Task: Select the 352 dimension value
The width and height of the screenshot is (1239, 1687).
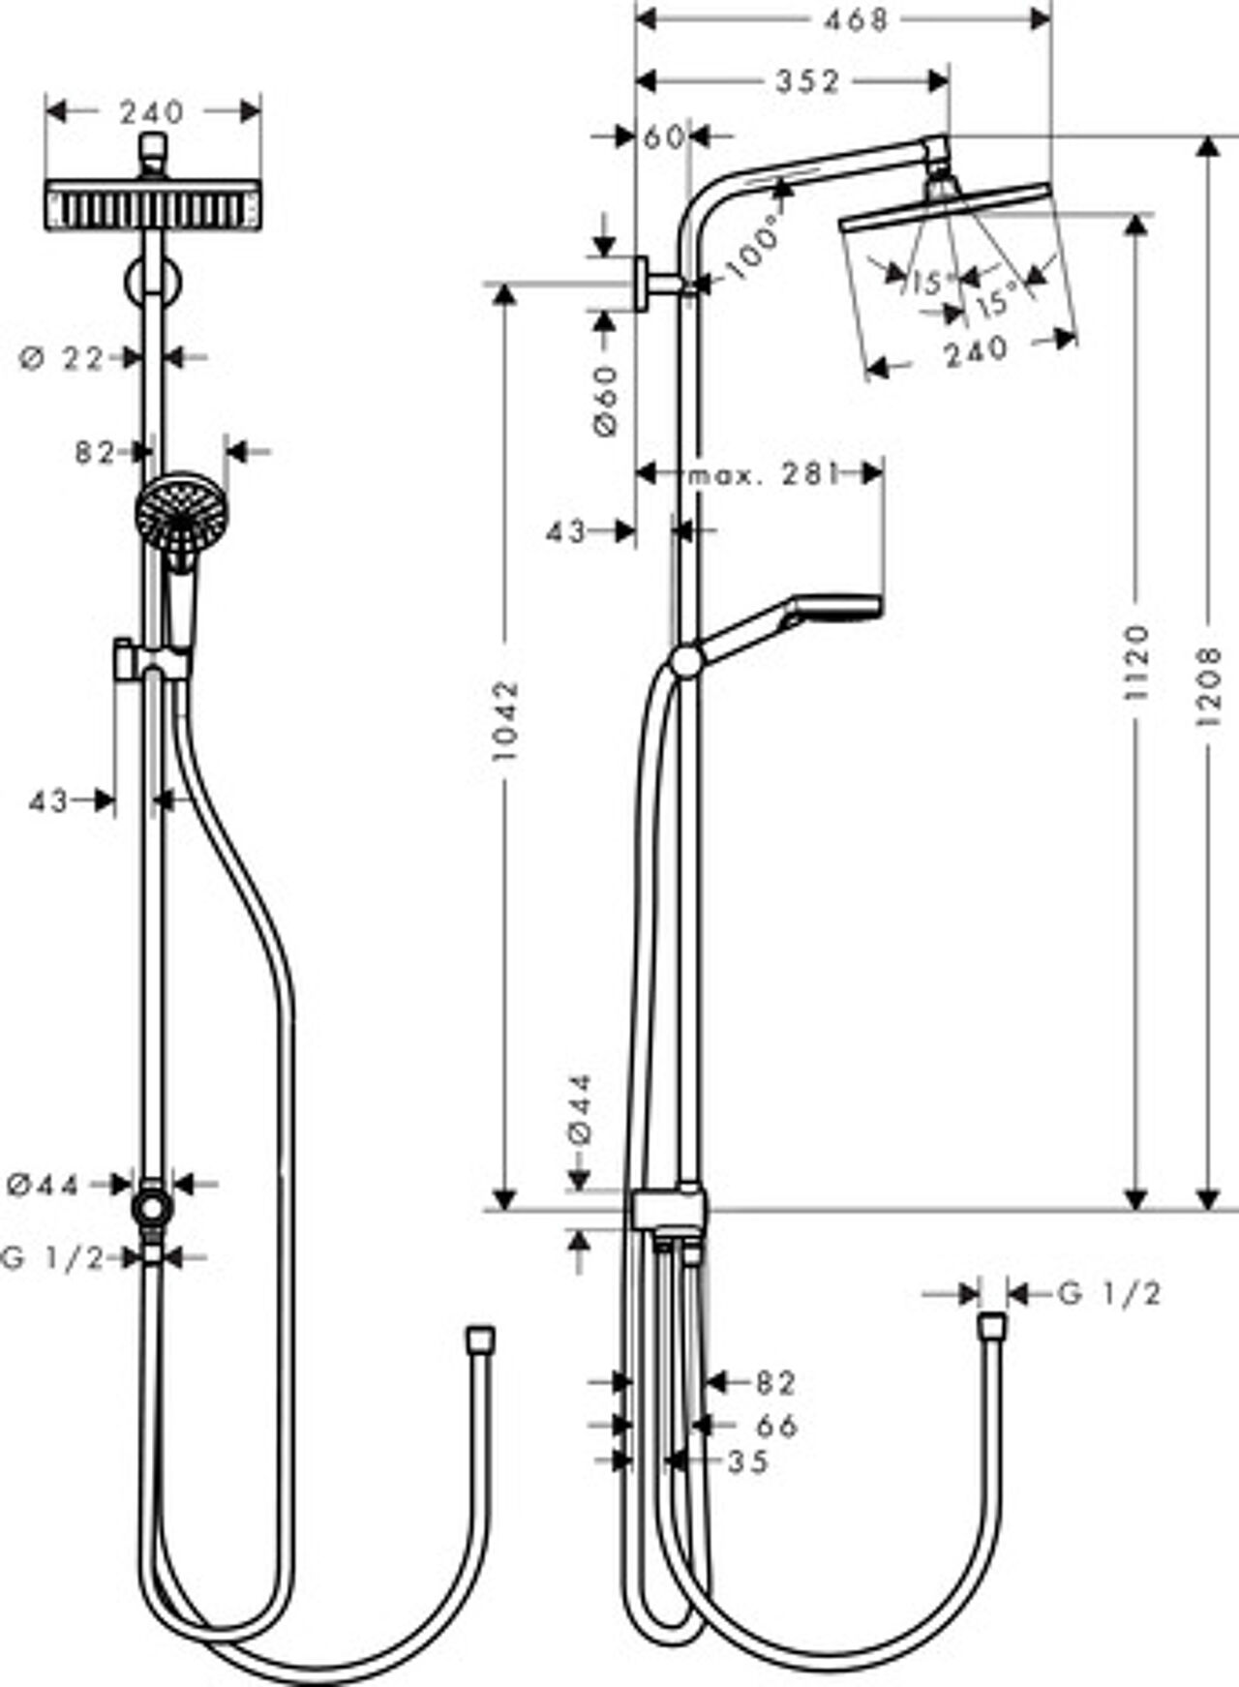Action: pyautogui.click(x=808, y=82)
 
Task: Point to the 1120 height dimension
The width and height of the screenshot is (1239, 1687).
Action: pyautogui.click(x=1139, y=663)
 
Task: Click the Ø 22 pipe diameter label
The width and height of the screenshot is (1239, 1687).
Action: pyautogui.click(x=62, y=359)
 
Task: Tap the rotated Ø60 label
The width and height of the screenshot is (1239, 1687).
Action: pyautogui.click(x=606, y=400)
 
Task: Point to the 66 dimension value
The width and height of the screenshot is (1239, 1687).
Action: pyautogui.click(x=775, y=1426)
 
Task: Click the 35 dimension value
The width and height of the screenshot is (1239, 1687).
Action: pyautogui.click(x=748, y=1461)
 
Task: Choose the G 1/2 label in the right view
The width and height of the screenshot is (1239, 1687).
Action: pyautogui.click(x=1109, y=1294)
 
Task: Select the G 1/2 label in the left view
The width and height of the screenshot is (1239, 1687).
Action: pyautogui.click(x=53, y=1258)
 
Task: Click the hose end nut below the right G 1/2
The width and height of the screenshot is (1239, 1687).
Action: pyautogui.click(x=993, y=1327)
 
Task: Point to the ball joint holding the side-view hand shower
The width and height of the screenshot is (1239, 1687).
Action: pyautogui.click(x=686, y=663)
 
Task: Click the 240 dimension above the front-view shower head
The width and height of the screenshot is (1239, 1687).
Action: pyautogui.click(x=153, y=112)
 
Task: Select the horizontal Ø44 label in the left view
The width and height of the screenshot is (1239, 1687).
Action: pyautogui.click(x=43, y=1184)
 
